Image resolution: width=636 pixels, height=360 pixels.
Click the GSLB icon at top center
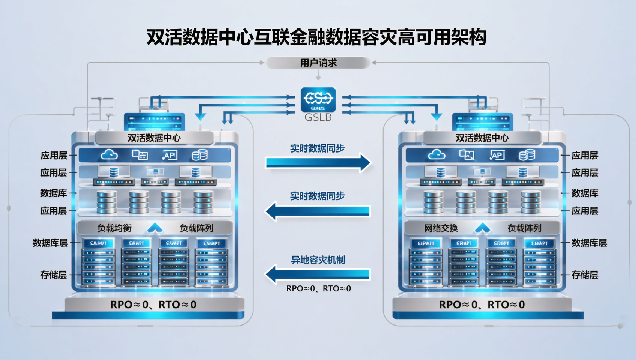[318, 99]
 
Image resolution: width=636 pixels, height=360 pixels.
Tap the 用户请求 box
[318, 63]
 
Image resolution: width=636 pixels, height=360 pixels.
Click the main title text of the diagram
[316, 37]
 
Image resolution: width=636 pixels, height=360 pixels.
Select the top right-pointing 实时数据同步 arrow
[318, 162]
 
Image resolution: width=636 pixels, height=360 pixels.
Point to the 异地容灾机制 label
[318, 260]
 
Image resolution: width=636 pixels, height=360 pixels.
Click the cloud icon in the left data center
[109, 155]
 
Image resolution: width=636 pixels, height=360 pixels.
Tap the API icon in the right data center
[497, 155]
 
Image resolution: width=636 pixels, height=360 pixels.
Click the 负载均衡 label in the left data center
[114, 228]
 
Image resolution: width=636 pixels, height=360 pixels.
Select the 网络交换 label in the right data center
[441, 228]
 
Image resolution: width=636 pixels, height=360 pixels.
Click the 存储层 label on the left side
[54, 275]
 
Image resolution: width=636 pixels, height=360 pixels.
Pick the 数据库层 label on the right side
[589, 243]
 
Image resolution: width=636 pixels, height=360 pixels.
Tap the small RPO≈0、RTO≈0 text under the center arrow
[318, 288]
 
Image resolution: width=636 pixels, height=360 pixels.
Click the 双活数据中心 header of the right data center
[482, 138]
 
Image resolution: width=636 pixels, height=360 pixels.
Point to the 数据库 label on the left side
[54, 193]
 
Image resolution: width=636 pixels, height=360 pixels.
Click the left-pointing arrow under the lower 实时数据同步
[318, 211]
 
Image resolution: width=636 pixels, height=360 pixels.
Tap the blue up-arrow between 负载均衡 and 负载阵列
[155, 228]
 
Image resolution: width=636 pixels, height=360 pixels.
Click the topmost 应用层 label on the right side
[584, 156]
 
